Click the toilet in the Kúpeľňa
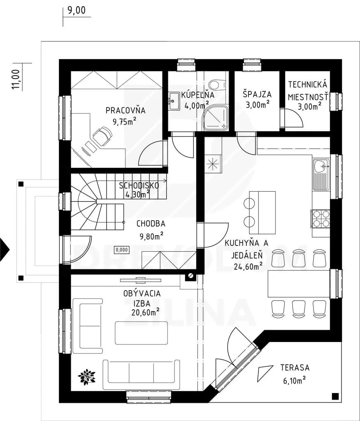coord(214,84)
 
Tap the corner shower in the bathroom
coord(216,118)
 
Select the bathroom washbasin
coord(174,101)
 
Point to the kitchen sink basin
coord(321,166)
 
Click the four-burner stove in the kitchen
coord(321,219)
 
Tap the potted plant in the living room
coord(86,377)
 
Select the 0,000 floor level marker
coord(122,250)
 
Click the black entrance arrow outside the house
coord(5,250)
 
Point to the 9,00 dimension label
coord(76,10)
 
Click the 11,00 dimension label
coord(16,79)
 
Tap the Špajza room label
coord(257,94)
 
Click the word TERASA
coord(295,368)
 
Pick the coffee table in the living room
coord(141,333)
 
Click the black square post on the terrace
coord(335,396)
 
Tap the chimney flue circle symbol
coord(190,275)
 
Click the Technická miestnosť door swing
coord(294,118)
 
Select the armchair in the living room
coord(88,326)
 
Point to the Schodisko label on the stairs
coord(139,185)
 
